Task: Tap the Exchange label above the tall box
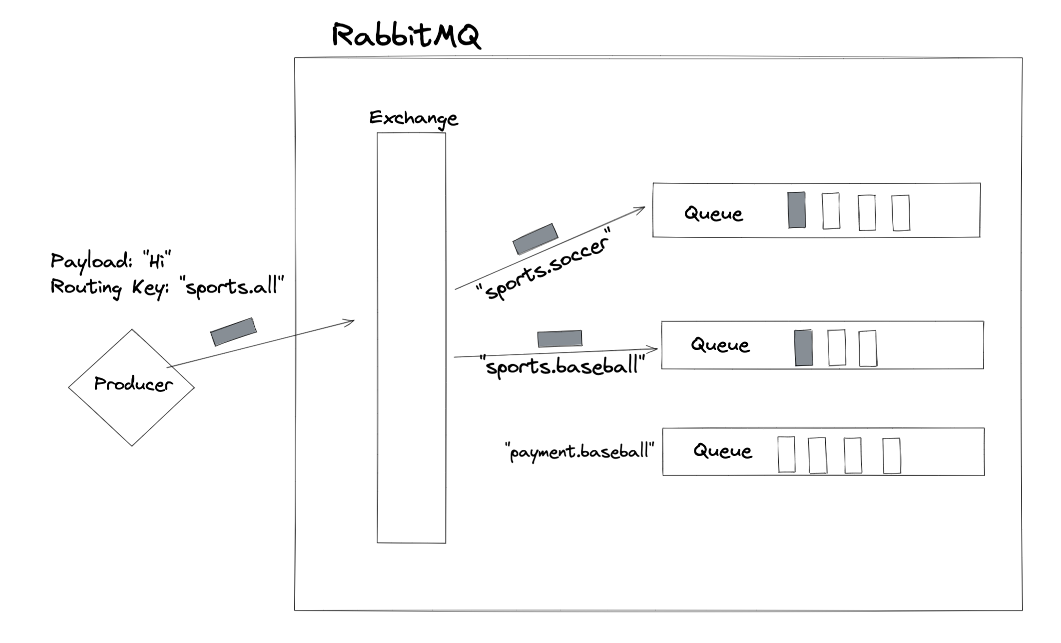413,118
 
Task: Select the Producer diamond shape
132,387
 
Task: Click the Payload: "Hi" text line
110,261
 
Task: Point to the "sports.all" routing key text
234,287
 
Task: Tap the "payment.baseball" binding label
579,451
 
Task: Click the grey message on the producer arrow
233,331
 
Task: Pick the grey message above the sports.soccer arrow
535,238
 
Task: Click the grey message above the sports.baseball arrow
559,338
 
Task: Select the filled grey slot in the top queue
796,210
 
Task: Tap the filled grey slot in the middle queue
803,347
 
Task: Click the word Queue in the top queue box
713,213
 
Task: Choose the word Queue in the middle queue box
720,344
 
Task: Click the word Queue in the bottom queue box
722,451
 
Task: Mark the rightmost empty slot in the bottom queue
891,455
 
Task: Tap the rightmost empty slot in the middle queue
868,348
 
